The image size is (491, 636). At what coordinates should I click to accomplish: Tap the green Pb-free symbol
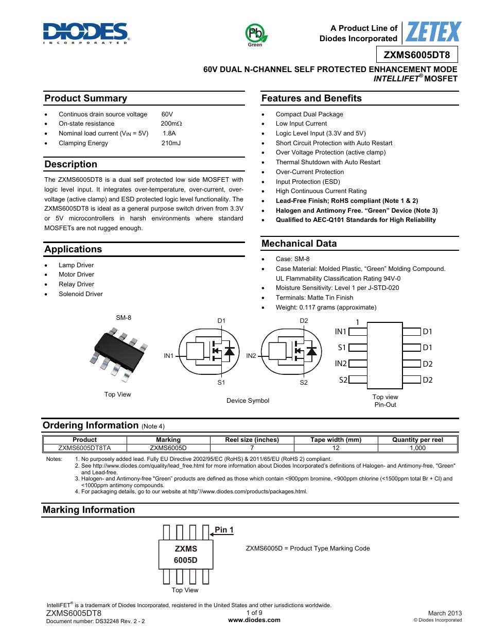pyautogui.click(x=255, y=34)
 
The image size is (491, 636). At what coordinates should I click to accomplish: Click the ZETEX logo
pyautogui.click(x=433, y=32)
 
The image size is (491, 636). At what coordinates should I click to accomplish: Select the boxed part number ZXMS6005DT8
pyautogui.click(x=416, y=55)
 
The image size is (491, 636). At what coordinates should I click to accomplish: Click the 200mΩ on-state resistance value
pyautogui.click(x=171, y=124)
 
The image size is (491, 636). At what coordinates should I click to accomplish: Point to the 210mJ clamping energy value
pyautogui.click(x=171, y=143)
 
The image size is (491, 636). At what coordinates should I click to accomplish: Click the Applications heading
pyautogui.click(x=73, y=249)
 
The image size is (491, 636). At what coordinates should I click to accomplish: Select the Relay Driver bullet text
pyautogui.click(x=76, y=284)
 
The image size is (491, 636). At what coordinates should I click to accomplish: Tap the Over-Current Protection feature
pyautogui.click(x=309, y=172)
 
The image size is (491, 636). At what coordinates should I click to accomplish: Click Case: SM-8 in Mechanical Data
pyautogui.click(x=292, y=259)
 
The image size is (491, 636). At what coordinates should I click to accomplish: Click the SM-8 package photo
pyautogui.click(x=119, y=354)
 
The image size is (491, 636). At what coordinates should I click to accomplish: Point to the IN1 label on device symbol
pyautogui.click(x=168, y=356)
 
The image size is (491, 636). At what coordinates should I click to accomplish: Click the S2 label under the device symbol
pyautogui.click(x=304, y=383)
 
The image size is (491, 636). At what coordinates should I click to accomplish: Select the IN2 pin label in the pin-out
pyautogui.click(x=341, y=364)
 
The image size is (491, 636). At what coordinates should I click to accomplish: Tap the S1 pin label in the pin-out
pyautogui.click(x=342, y=348)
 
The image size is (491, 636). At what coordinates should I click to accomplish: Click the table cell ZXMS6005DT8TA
pyautogui.click(x=84, y=448)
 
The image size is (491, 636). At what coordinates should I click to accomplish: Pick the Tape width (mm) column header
pyautogui.click(x=336, y=440)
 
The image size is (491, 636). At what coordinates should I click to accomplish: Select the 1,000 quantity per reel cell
pyautogui.click(x=417, y=448)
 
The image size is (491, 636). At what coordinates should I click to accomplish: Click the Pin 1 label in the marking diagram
pyautogui.click(x=224, y=530)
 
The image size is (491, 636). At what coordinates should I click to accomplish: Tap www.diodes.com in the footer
pyautogui.click(x=254, y=620)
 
